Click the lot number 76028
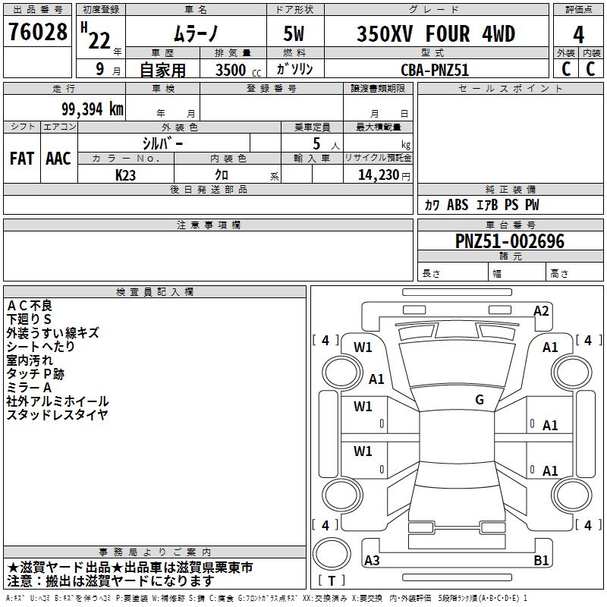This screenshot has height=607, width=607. pyautogui.click(x=37, y=33)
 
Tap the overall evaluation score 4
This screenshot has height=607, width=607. pyautogui.click(x=578, y=35)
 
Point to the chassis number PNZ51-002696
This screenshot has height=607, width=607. pyautogui.click(x=509, y=241)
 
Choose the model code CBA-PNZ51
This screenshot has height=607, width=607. pyautogui.click(x=435, y=69)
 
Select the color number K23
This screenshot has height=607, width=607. pyautogui.click(x=125, y=175)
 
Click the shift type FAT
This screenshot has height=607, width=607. pyautogui.click(x=22, y=159)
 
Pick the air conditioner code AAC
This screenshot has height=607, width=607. pyautogui.click(x=58, y=159)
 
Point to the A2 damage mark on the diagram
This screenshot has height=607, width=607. pyautogui.click(x=541, y=310)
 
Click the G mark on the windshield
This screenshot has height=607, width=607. pyautogui.click(x=480, y=400)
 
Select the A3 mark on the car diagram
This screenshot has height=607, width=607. pyautogui.click(x=373, y=561)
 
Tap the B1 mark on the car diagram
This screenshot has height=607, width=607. pyautogui.click(x=542, y=561)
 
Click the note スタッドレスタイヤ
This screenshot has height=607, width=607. pyautogui.click(x=57, y=414)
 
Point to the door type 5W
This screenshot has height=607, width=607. pyautogui.click(x=294, y=34)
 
